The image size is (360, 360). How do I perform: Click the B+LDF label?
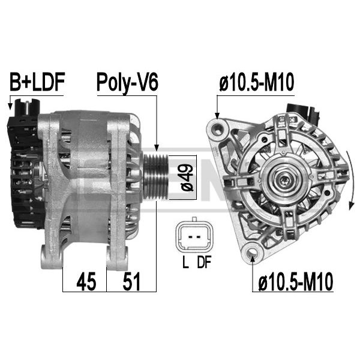tap(37, 82)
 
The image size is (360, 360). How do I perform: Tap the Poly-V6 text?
tap(127, 83)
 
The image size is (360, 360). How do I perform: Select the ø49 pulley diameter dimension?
tap(187, 178)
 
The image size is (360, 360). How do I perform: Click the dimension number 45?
tap(86, 281)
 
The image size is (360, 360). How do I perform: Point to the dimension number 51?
tap(131, 281)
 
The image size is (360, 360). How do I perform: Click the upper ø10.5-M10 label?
tap(256, 82)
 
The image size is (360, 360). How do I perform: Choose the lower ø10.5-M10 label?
tap(295, 281)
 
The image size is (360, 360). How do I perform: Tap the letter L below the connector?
tap(185, 262)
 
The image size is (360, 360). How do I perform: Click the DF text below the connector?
tap(204, 262)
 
